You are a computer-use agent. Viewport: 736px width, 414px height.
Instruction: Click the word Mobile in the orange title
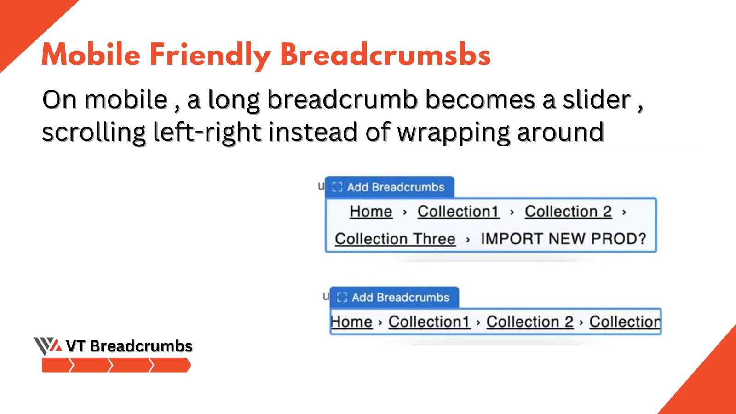[x=91, y=55]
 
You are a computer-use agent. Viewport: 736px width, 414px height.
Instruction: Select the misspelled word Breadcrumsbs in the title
[x=385, y=55]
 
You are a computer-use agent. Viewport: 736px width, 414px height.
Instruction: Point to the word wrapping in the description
[x=454, y=132]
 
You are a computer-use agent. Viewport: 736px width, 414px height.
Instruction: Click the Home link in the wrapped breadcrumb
[x=371, y=212]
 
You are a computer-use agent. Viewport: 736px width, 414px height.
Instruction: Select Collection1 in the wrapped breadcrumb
[x=458, y=212]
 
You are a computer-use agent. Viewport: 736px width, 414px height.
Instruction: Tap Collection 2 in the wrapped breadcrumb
[x=568, y=212]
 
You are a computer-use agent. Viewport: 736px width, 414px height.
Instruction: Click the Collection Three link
[x=395, y=239]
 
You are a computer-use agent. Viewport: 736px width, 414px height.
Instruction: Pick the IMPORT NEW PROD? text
[x=563, y=239]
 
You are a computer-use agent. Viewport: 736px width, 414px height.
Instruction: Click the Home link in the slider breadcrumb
[x=351, y=322]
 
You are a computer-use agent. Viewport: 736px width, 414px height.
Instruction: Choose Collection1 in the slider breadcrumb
[x=429, y=322]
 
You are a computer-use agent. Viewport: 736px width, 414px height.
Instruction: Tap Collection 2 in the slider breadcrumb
[x=530, y=322]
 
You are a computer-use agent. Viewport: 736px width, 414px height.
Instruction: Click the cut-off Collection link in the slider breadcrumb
[x=625, y=322]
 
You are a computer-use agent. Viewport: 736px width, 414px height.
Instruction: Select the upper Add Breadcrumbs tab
[x=389, y=187]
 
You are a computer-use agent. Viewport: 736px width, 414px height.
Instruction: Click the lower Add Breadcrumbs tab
[x=394, y=298]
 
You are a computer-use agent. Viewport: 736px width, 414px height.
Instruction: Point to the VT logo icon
[x=47, y=345]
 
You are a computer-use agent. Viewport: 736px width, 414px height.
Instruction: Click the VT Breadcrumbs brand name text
[x=129, y=346]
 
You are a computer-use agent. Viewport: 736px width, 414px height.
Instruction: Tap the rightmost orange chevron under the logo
[x=171, y=365]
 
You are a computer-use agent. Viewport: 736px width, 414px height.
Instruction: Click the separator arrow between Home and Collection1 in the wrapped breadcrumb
[x=405, y=213]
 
